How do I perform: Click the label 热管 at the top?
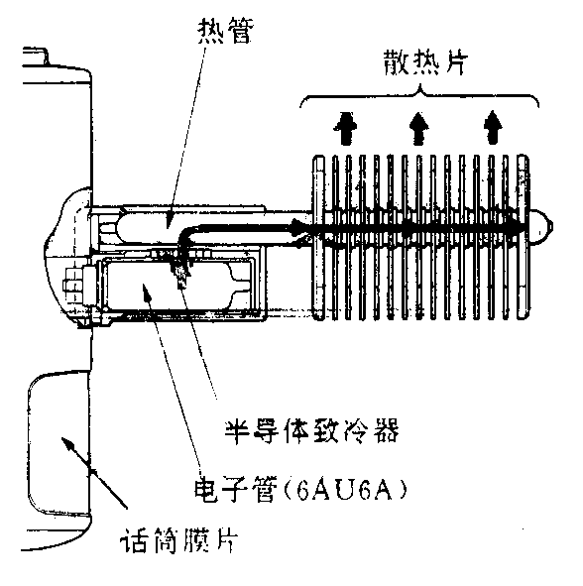[x=225, y=31]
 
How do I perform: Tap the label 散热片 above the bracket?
[x=425, y=62]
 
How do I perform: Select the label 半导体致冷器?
[x=311, y=431]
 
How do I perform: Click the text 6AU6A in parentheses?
[x=344, y=490]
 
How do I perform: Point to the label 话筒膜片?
[x=179, y=540]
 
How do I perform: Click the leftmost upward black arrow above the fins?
[x=345, y=128]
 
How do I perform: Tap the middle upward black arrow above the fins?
[x=418, y=128]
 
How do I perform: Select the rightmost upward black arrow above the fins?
[x=493, y=128]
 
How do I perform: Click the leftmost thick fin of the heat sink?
[x=318, y=238]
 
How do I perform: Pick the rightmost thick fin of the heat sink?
[x=523, y=238]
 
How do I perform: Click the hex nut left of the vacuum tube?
[x=73, y=286]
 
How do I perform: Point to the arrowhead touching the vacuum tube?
[x=147, y=292]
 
